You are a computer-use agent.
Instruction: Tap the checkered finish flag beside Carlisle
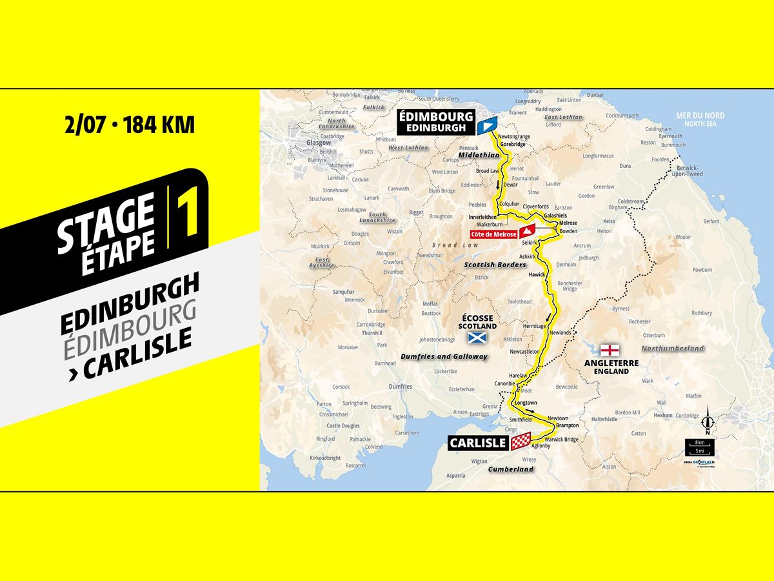point(521,442)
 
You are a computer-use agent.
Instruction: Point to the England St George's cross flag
point(610,351)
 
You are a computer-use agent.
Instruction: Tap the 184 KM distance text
point(159,125)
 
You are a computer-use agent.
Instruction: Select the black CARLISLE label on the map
point(478,443)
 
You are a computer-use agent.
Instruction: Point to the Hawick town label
point(537,275)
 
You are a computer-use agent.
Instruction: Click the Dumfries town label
point(401,387)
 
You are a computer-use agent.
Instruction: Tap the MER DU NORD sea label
point(700,116)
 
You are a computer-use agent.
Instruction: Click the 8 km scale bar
point(699,443)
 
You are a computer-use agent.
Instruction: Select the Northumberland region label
point(678,349)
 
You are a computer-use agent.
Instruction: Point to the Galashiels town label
point(555,216)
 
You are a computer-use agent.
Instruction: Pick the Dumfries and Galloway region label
point(444,356)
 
